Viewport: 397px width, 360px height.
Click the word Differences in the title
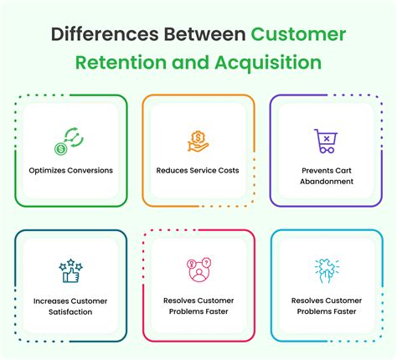pyautogui.click(x=105, y=34)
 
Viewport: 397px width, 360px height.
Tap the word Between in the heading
pyautogui.click(x=204, y=34)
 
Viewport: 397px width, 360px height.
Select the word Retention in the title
pyautogui.click(x=121, y=62)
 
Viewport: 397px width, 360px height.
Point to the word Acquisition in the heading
pyautogui.click(x=268, y=63)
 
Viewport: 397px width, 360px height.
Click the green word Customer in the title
pyautogui.click(x=298, y=34)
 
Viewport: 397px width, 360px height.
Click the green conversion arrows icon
pyautogui.click(x=74, y=137)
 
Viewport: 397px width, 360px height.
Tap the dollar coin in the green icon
pyautogui.click(x=60, y=149)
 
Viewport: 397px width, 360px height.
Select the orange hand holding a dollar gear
pyautogui.click(x=198, y=141)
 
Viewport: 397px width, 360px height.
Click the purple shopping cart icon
pyautogui.click(x=326, y=141)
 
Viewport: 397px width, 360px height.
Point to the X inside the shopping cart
pyautogui.click(x=327, y=138)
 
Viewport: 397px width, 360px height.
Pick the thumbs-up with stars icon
pyautogui.click(x=70, y=270)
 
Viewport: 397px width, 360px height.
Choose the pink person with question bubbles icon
pyautogui.click(x=198, y=270)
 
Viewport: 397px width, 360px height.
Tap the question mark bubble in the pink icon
pyautogui.click(x=206, y=262)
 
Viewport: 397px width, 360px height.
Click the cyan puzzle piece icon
pyautogui.click(x=327, y=270)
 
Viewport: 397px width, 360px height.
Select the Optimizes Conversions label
pyautogui.click(x=71, y=171)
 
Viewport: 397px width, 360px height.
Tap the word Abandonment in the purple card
pyautogui.click(x=327, y=182)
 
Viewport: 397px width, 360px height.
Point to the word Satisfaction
pyautogui.click(x=70, y=311)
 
